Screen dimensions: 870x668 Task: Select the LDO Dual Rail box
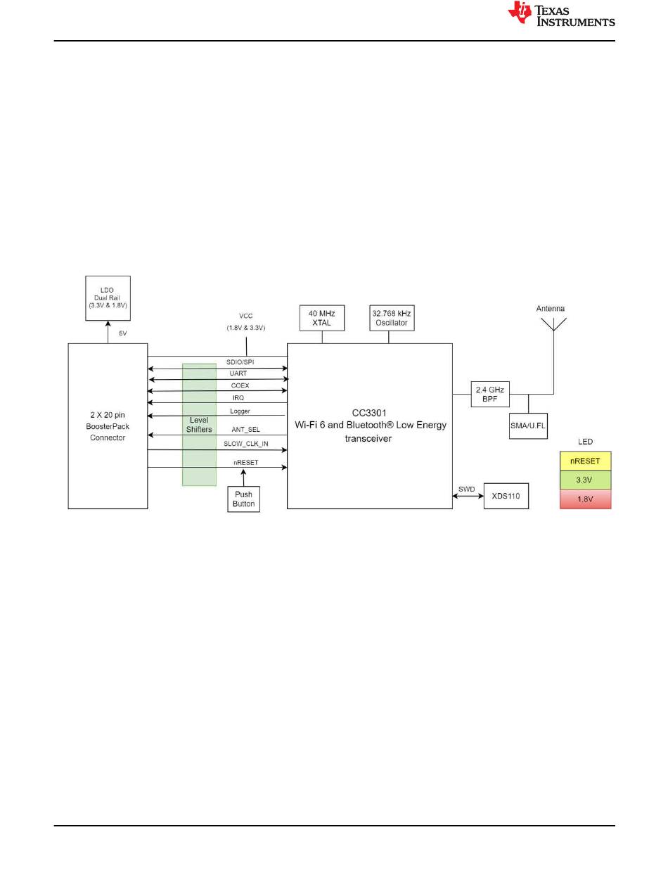point(108,298)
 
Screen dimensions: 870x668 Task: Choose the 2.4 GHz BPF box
point(490,394)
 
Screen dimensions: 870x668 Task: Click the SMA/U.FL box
point(528,426)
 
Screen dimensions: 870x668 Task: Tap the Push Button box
point(243,499)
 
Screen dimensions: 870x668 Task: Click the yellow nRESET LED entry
point(585,461)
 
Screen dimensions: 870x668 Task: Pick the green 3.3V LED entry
point(585,480)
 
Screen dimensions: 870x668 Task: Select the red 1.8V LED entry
point(585,499)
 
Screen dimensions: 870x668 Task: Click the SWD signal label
point(468,489)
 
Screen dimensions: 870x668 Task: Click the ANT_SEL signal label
point(245,429)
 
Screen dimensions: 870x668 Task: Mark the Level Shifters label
point(199,425)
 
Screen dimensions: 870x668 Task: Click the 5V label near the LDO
point(123,333)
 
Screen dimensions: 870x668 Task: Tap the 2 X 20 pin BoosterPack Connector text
point(108,425)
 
